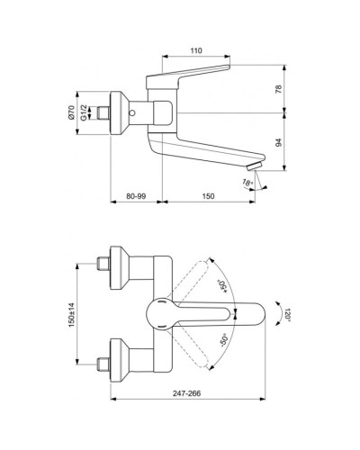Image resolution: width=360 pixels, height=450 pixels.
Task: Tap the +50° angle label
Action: tap(221, 286)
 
